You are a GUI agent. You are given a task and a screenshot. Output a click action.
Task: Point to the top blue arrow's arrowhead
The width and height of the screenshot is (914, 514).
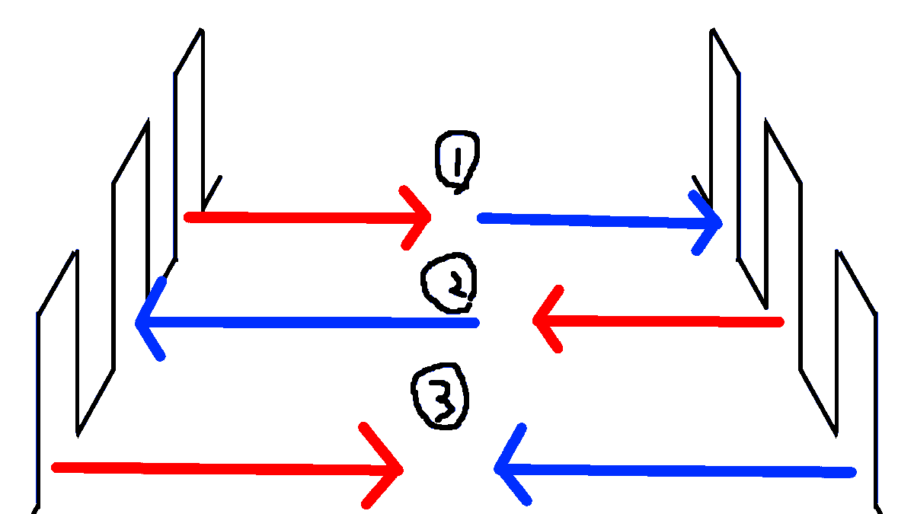pos(718,223)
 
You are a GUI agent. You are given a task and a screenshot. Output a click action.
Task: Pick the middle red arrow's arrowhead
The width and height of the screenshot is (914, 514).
pos(537,321)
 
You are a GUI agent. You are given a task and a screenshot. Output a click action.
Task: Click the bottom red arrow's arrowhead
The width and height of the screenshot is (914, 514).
pos(400,470)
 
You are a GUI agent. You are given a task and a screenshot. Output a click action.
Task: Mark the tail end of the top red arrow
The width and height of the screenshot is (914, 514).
pos(189,217)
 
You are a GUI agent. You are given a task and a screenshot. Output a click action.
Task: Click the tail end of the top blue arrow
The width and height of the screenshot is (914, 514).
pos(481,219)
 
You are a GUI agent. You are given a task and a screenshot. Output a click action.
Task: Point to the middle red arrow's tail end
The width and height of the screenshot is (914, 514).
pos(779,323)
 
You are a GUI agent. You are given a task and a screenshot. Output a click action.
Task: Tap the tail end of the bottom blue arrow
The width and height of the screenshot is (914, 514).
pos(852,473)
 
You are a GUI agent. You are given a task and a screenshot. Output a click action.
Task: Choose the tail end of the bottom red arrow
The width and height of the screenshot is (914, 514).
pos(55,467)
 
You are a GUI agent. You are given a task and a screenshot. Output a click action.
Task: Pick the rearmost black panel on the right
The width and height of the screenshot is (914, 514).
pos(725,145)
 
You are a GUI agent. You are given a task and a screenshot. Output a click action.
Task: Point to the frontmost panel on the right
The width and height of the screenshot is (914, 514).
pos(857,373)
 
